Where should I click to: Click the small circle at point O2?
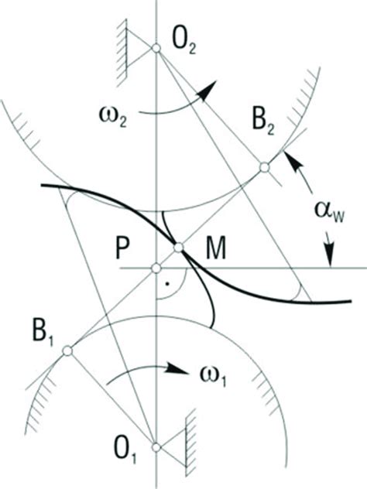156,48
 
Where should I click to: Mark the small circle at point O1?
156,447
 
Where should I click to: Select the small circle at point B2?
264,166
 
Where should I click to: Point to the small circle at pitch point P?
156,268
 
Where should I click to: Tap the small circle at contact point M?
180,248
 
